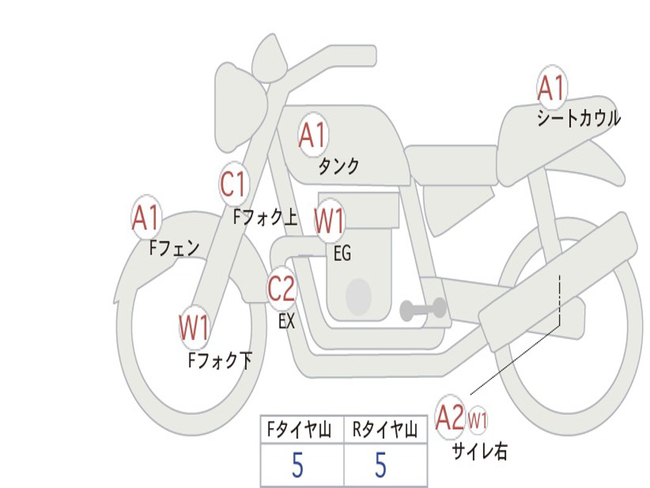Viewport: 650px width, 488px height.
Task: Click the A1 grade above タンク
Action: pyautogui.click(x=312, y=135)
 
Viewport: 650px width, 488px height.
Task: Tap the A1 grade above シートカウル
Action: pyautogui.click(x=551, y=88)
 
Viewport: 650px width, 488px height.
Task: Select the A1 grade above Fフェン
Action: pyautogui.click(x=146, y=218)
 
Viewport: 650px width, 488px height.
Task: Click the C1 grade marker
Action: pyautogui.click(x=233, y=184)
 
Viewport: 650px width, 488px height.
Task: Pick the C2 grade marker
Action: pyautogui.click(x=281, y=290)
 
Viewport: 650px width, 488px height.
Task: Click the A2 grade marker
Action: pyautogui.click(x=450, y=419)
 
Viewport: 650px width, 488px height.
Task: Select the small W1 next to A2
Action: pyautogui.click(x=477, y=420)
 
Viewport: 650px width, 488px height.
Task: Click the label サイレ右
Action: pyautogui.click(x=479, y=451)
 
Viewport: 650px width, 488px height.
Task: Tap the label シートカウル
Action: pyautogui.click(x=578, y=119)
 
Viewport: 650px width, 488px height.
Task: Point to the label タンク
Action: pyautogui.click(x=338, y=166)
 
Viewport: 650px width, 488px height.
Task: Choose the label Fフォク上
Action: pyautogui.click(x=265, y=218)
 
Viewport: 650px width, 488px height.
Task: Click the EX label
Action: pyautogui.click(x=287, y=322)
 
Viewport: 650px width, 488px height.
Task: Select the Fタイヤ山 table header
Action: pyautogui.click(x=302, y=431)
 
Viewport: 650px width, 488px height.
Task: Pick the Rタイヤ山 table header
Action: pyautogui.click(x=385, y=431)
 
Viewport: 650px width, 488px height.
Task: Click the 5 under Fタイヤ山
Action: pyautogui.click(x=298, y=466)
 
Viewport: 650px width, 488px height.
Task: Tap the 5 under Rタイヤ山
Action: pyautogui.click(x=380, y=466)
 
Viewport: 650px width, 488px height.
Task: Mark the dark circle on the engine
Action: pyautogui.click(x=359, y=296)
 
